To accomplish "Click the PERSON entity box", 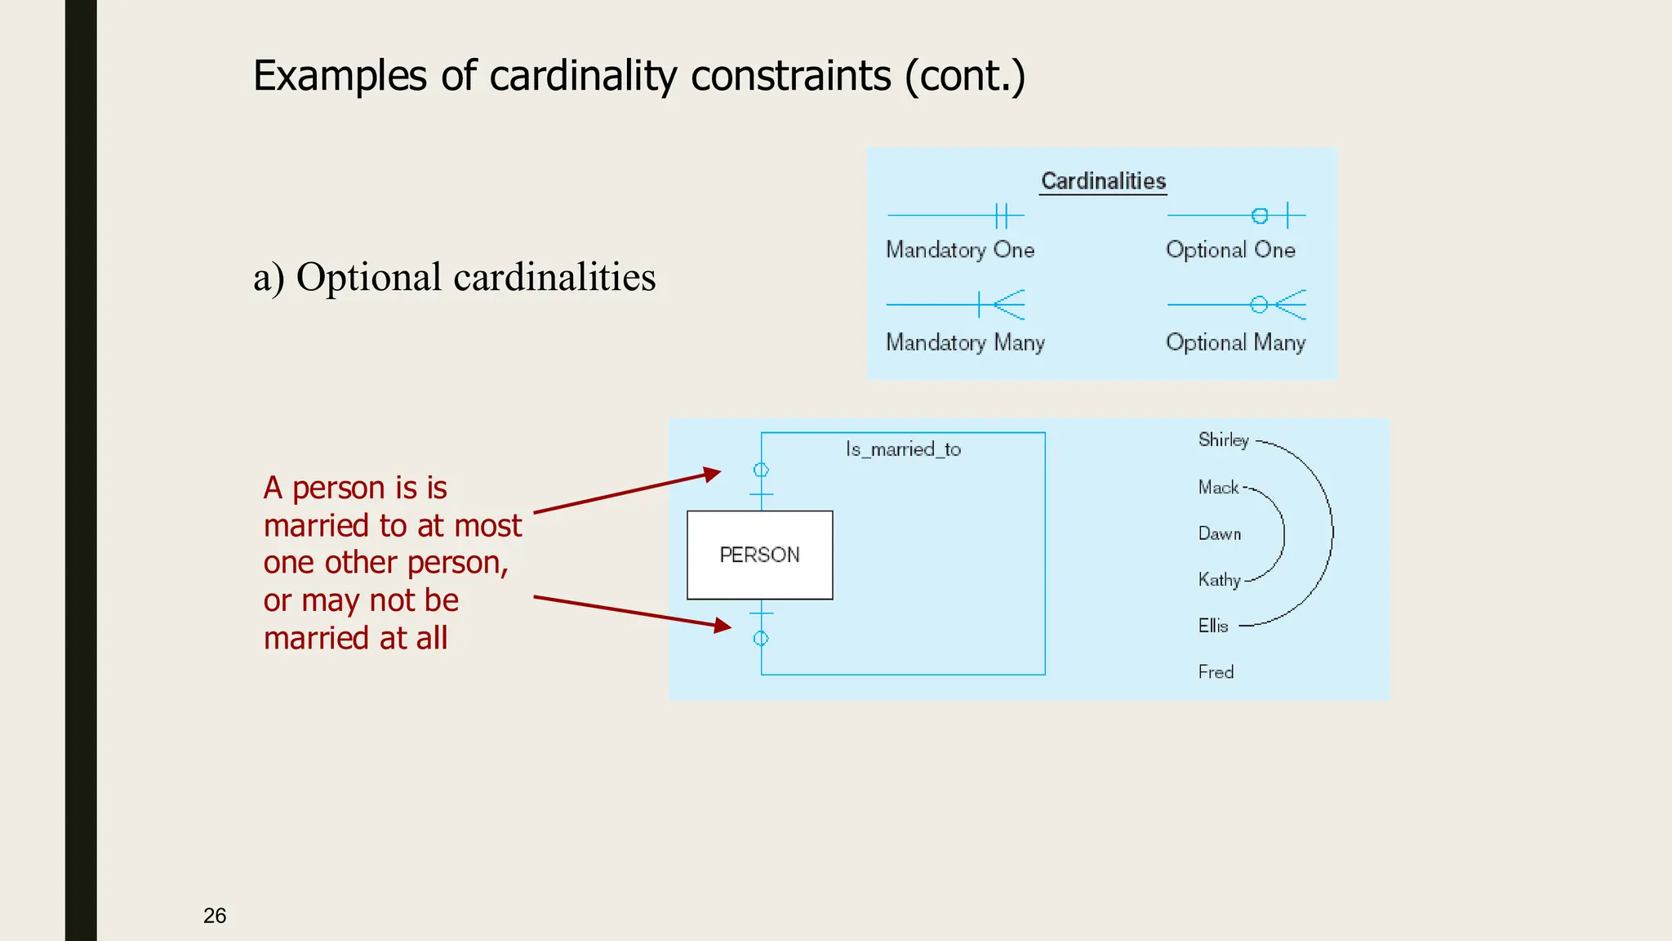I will point(759,555).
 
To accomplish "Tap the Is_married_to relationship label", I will point(903,449).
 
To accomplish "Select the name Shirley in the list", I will point(1223,440).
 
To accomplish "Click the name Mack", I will point(1218,488).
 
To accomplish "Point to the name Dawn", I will point(1219,534).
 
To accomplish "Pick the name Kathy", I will point(1219,580).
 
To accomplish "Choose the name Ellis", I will point(1213,627).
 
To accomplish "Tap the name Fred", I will point(1216,672).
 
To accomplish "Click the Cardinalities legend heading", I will point(1103,181).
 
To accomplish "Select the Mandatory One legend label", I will point(960,250).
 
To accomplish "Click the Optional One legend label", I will point(1230,250).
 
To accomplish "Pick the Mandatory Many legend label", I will point(965,342).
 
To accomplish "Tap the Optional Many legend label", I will point(1235,342).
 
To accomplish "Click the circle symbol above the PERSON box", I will point(761,470).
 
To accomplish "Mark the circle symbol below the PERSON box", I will point(761,639).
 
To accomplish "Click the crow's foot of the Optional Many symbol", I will point(1291,305).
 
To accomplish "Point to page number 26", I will point(215,916).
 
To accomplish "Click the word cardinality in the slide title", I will point(583,76).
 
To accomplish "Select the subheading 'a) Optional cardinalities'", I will point(454,277).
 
